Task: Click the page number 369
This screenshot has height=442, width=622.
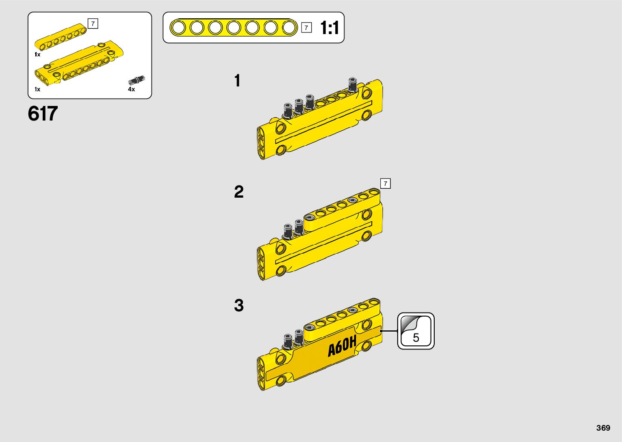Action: coord(603,428)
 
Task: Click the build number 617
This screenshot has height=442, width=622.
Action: coord(43,114)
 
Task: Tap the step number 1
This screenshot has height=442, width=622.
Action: coord(237,81)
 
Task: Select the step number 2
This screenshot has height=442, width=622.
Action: coord(238,192)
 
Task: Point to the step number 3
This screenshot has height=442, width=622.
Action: coord(238,305)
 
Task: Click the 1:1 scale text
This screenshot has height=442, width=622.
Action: coord(329,28)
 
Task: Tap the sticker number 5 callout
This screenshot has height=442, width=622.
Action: coord(416,331)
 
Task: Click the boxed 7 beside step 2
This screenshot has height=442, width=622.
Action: coord(385,183)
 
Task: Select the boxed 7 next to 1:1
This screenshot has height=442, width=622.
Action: coord(306,28)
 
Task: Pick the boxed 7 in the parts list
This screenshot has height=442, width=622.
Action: coord(93,24)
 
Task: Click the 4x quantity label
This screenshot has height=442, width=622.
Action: coord(131,89)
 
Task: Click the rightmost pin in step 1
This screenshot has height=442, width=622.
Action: coord(352,84)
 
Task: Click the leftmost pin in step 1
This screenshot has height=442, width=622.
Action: coord(288,109)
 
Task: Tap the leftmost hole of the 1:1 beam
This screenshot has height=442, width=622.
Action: coord(178,28)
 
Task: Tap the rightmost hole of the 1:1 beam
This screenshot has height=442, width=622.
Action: coord(289,28)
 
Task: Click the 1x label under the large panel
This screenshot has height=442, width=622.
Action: coord(37,89)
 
